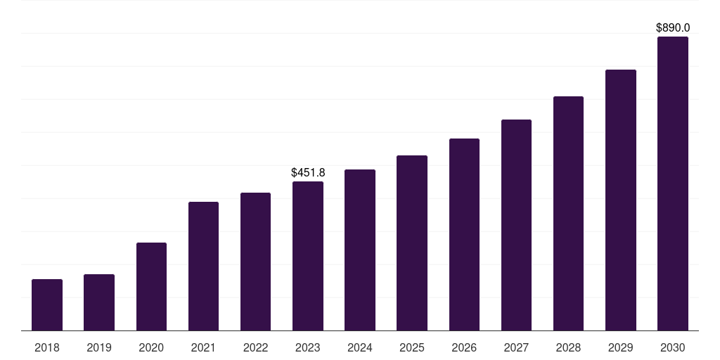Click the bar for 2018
click(x=47, y=305)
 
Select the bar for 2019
click(x=99, y=302)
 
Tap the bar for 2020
click(x=151, y=287)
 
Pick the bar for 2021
click(x=203, y=266)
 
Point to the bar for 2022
click(x=255, y=262)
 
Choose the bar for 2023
click(x=308, y=256)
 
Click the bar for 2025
click(x=412, y=243)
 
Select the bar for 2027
click(x=516, y=225)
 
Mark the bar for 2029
click(x=621, y=200)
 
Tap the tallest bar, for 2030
click(x=673, y=184)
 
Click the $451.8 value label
click(x=308, y=172)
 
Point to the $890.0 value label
click(x=673, y=28)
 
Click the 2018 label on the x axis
click(x=47, y=347)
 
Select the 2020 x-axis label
click(x=151, y=347)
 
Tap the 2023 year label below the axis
click(x=308, y=347)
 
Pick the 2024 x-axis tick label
click(x=360, y=347)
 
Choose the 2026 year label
click(x=464, y=347)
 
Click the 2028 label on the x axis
click(x=568, y=347)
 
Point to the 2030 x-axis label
click(x=673, y=347)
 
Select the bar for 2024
click(x=360, y=250)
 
